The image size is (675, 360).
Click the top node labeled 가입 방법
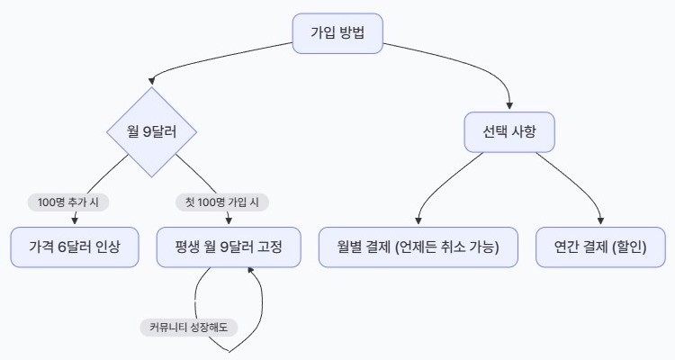[x=337, y=33]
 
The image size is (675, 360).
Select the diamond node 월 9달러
[x=151, y=131]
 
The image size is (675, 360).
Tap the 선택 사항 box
[x=509, y=131]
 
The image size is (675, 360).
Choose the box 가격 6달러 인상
[x=75, y=247]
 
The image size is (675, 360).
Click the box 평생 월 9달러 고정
[x=229, y=247]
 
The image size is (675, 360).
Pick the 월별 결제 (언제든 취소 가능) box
[x=418, y=247]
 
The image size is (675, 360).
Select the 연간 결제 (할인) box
[x=600, y=247]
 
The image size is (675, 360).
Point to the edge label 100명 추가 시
[x=68, y=202]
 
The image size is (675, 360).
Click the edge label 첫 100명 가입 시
[x=222, y=202]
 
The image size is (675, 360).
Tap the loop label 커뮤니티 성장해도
[x=189, y=328]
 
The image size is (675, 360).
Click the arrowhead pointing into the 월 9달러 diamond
[x=151, y=81]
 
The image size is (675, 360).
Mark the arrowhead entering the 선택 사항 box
[x=509, y=105]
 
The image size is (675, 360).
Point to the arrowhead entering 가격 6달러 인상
[x=75, y=220]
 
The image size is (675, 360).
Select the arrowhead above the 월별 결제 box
[x=418, y=220]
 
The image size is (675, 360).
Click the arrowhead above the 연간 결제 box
[x=600, y=220]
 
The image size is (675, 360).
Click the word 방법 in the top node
[x=352, y=33]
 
